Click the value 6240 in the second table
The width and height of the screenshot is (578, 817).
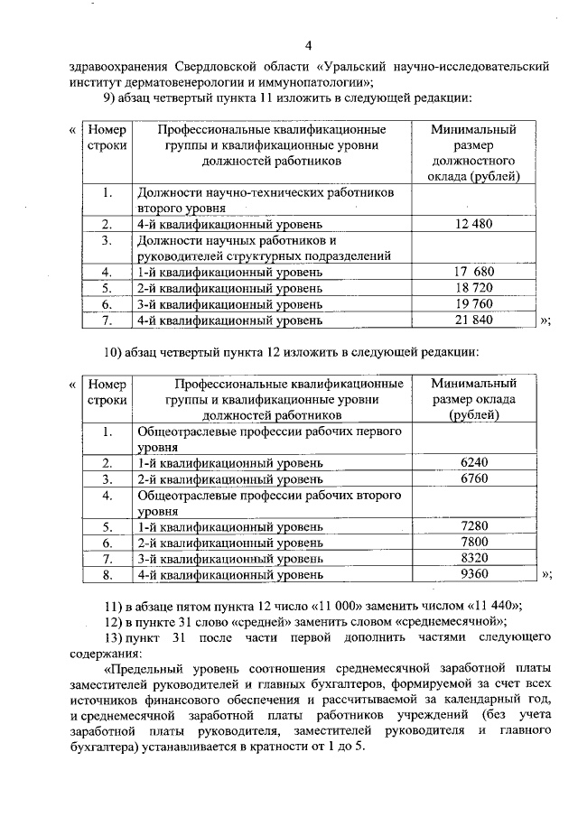474,462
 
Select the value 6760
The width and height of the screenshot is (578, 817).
474,478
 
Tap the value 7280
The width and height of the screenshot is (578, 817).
474,526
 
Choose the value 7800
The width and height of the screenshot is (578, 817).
474,542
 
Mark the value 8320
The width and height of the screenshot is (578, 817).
474,558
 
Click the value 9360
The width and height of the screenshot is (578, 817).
474,573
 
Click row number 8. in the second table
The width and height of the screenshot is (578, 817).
107,573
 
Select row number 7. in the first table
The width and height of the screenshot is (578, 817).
107,320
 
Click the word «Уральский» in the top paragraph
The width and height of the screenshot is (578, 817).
357,67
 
